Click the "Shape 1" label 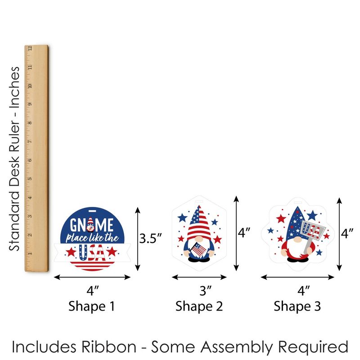[91, 306]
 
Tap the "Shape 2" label [199, 306]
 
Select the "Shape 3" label [297, 306]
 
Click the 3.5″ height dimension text [150, 238]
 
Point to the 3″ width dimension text [205, 291]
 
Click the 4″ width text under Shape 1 [92, 291]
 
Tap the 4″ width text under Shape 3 [304, 291]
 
